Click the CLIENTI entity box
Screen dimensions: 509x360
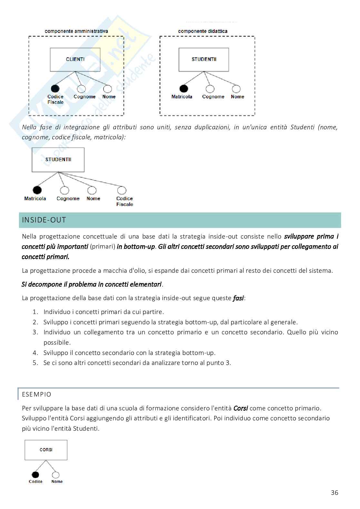[75, 60]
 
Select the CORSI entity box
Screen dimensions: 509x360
[46, 450]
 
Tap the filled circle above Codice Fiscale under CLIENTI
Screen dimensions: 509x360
[55, 89]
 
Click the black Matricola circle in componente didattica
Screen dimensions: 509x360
[184, 89]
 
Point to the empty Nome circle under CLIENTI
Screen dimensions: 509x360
[107, 89]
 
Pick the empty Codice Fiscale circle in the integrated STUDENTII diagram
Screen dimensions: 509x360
[122, 190]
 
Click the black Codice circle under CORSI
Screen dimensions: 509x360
[35, 475]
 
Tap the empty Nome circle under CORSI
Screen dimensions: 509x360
[56, 475]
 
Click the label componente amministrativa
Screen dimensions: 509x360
[76, 31]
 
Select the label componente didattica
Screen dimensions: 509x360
[203, 31]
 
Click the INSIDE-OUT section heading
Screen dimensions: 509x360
[44, 220]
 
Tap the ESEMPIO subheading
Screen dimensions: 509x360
[36, 394]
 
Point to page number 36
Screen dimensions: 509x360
[335, 493]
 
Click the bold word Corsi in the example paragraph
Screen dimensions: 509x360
[240, 408]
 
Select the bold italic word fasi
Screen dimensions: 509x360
[238, 298]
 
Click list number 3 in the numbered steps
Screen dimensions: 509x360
[35, 332]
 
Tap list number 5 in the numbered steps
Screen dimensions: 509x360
[35, 363]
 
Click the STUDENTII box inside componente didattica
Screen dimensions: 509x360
[204, 60]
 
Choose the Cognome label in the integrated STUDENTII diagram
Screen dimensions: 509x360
[68, 199]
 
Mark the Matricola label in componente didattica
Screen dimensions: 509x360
[182, 97]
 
